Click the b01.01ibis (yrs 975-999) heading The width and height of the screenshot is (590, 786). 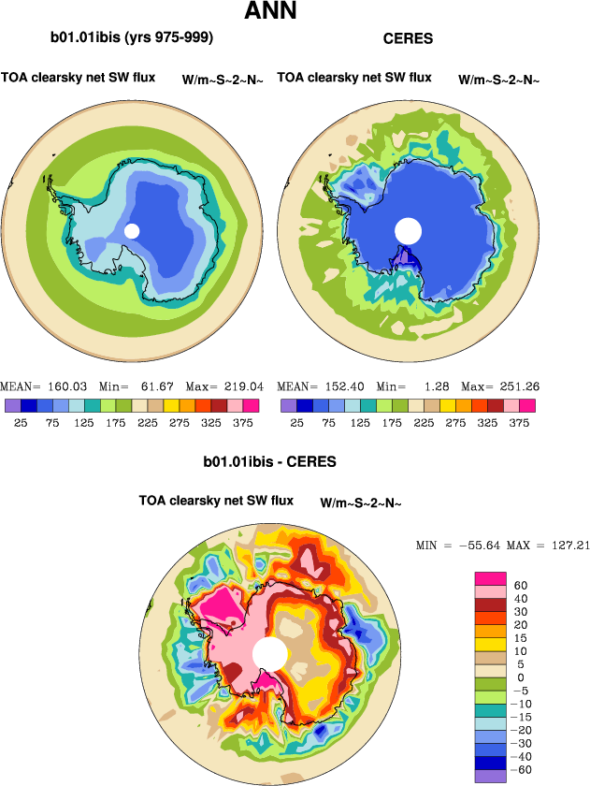132,38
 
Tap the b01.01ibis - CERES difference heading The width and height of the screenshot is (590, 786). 269,461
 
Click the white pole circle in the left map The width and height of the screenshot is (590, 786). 132,231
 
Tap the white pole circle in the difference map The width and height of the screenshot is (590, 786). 269,653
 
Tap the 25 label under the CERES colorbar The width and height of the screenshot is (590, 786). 296,423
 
